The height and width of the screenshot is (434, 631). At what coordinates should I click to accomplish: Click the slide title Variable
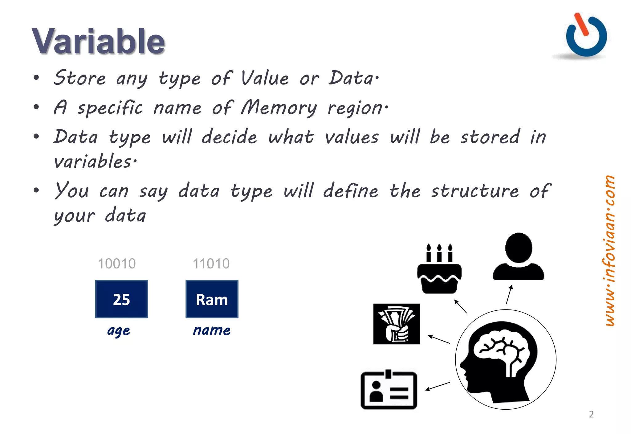[98, 42]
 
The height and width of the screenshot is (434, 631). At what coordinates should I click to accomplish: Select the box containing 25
[121, 299]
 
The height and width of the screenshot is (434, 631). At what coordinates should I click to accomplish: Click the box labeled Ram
[212, 299]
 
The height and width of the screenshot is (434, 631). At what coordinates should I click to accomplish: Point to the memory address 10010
[116, 264]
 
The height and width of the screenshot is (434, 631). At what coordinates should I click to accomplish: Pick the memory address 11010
[211, 264]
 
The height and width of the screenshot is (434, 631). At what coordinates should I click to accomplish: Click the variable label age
[119, 331]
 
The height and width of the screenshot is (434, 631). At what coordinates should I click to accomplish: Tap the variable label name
[212, 330]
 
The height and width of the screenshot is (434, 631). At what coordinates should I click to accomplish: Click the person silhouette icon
[519, 257]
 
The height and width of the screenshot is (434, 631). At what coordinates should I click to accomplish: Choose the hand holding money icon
[396, 324]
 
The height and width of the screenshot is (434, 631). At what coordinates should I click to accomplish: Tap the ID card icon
[389, 390]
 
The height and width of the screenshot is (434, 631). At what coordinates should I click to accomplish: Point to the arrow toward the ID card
[438, 386]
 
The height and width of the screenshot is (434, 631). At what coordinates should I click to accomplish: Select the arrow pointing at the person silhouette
[509, 294]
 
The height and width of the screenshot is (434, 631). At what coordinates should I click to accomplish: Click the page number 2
[591, 414]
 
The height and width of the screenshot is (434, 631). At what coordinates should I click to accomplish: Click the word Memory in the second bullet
[279, 108]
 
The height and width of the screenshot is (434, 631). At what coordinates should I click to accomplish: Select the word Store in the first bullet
[80, 78]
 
